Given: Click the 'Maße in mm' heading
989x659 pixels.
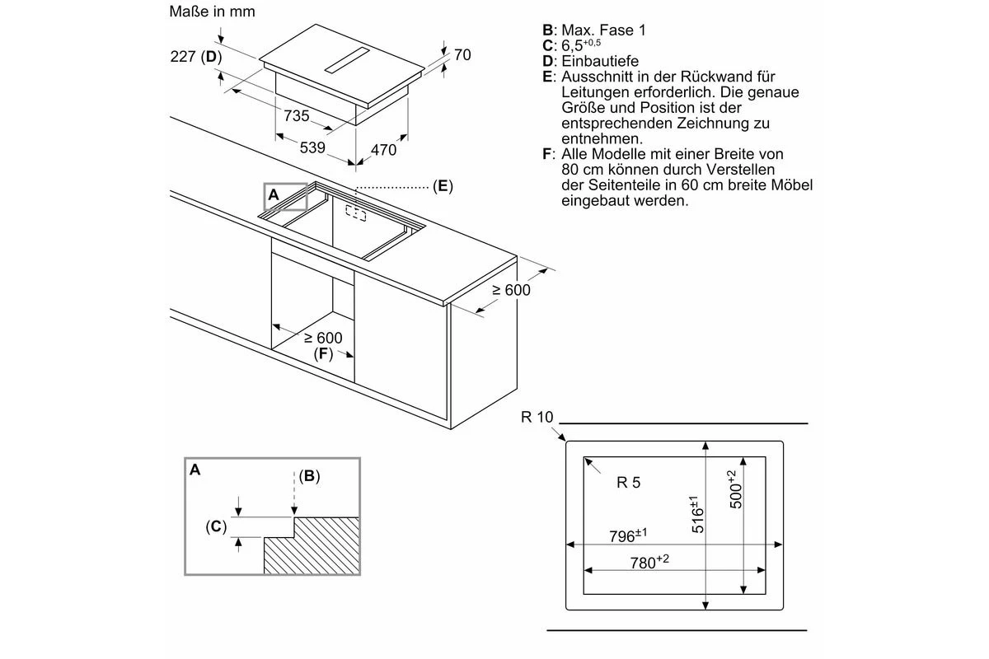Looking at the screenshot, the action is click(212, 12).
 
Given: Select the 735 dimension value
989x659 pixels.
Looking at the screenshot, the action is click(296, 115).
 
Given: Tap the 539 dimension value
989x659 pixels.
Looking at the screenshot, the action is click(312, 147).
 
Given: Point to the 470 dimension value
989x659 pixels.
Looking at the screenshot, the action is click(384, 150).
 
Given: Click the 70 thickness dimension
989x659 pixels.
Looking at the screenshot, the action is click(462, 54).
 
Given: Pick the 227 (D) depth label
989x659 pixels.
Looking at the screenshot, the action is click(196, 57).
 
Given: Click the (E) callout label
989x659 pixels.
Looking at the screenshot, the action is click(443, 186).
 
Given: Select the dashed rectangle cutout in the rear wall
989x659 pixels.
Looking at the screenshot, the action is click(355, 213).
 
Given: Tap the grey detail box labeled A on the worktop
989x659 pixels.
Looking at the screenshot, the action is click(286, 196).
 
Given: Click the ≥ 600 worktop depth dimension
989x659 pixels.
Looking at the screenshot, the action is click(511, 290).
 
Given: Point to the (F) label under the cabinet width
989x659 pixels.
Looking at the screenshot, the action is click(323, 353).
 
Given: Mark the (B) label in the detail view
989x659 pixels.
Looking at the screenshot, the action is click(309, 476).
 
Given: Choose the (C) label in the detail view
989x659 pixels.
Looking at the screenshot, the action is click(216, 526).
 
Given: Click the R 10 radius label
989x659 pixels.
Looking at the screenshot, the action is click(537, 417).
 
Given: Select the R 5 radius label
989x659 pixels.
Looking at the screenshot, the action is click(628, 483).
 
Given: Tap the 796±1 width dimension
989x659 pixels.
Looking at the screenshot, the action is click(628, 535).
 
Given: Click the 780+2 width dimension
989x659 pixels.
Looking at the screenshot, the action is click(649, 562).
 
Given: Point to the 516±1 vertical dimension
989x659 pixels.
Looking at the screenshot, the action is click(696, 514).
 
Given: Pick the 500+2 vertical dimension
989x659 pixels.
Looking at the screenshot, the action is click(734, 489).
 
